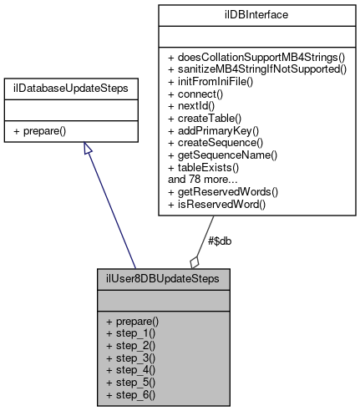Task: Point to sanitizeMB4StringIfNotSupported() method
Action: (257, 68)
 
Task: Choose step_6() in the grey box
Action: (130, 393)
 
